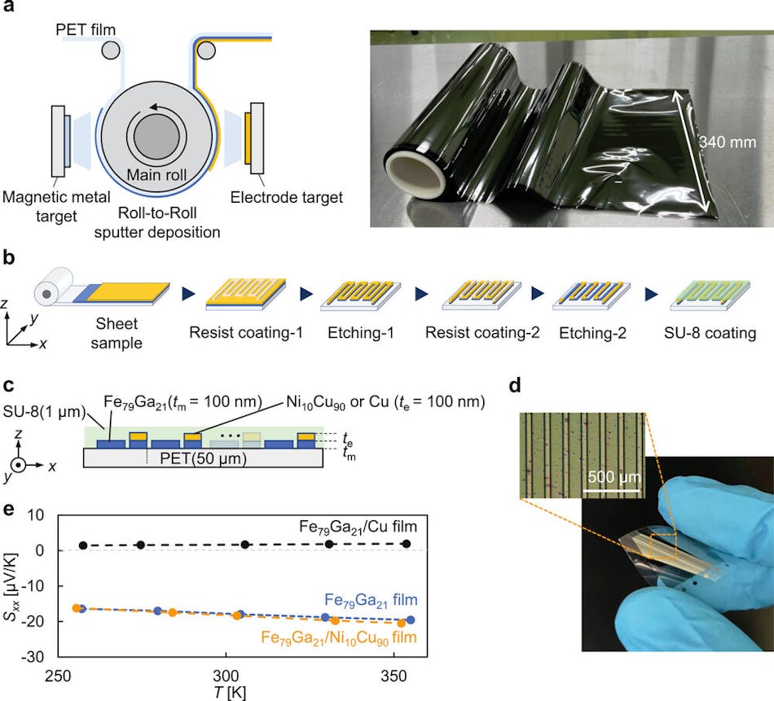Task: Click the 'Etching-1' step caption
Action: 356,332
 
